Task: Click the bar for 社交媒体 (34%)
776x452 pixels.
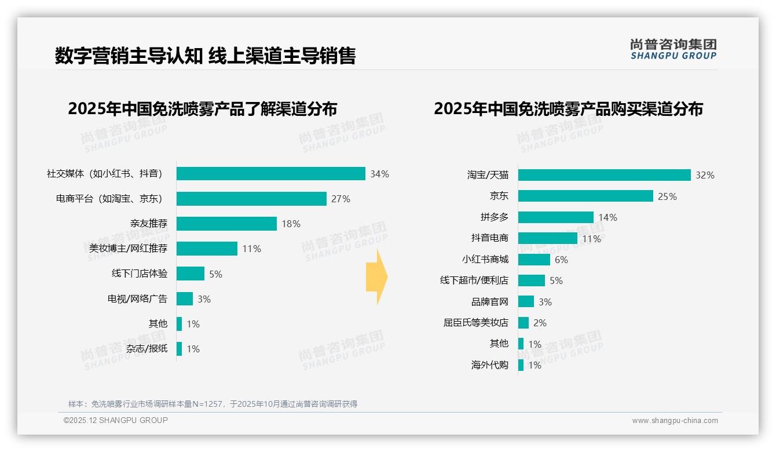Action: tap(270, 174)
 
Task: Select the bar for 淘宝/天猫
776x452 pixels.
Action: tap(604, 175)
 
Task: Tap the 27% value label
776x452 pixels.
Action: tap(341, 199)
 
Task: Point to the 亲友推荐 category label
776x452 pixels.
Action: tap(149, 224)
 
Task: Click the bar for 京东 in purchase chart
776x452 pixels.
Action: tap(585, 196)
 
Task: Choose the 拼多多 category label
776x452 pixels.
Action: tap(494, 217)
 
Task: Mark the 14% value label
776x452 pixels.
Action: tap(608, 217)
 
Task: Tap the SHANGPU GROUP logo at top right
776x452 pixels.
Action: tap(673, 49)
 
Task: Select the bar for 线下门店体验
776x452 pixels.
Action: tap(190, 274)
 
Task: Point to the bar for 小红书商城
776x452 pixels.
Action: tap(534, 260)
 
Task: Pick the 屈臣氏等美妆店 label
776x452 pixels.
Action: tap(475, 323)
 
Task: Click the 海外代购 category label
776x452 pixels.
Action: tap(489, 365)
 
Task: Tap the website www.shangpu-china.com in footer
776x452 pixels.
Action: tap(675, 421)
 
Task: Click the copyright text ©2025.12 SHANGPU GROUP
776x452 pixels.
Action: tap(116, 420)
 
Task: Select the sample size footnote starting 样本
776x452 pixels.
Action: tap(213, 404)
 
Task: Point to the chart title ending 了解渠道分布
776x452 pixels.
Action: tap(202, 109)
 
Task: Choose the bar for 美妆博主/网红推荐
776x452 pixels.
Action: tap(207, 249)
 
